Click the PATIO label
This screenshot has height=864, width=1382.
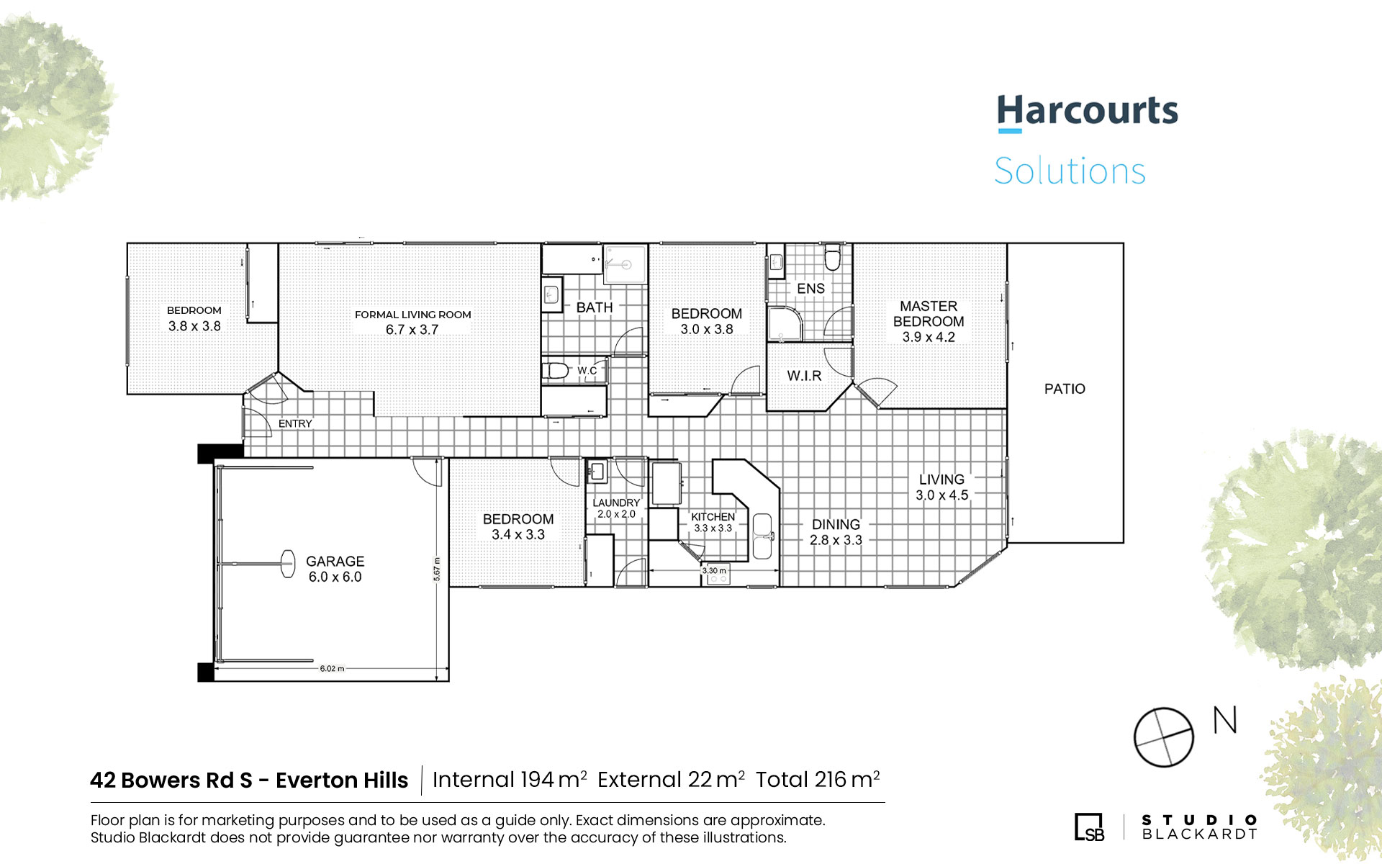(1065, 389)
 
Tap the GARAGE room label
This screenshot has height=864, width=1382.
(335, 561)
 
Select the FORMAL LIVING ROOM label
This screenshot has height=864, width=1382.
(413, 315)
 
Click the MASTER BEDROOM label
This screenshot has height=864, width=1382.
(929, 314)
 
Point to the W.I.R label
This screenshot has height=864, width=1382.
(804, 376)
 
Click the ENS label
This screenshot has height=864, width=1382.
(810, 289)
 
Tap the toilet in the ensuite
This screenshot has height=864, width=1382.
(833, 258)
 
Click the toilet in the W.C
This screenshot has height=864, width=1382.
(556, 371)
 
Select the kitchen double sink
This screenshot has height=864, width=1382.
(762, 536)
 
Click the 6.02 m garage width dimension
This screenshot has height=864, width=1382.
(332, 669)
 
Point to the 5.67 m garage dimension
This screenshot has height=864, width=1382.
(436, 569)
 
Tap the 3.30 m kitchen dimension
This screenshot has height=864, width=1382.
(714, 570)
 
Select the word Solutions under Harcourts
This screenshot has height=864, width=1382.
(1070, 171)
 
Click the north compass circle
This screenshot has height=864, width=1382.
(1163, 737)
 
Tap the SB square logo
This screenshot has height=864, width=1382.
(1089, 827)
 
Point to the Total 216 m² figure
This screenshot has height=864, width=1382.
(818, 780)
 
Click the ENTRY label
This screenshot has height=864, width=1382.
(295, 423)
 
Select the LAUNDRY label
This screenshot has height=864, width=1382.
(616, 503)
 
